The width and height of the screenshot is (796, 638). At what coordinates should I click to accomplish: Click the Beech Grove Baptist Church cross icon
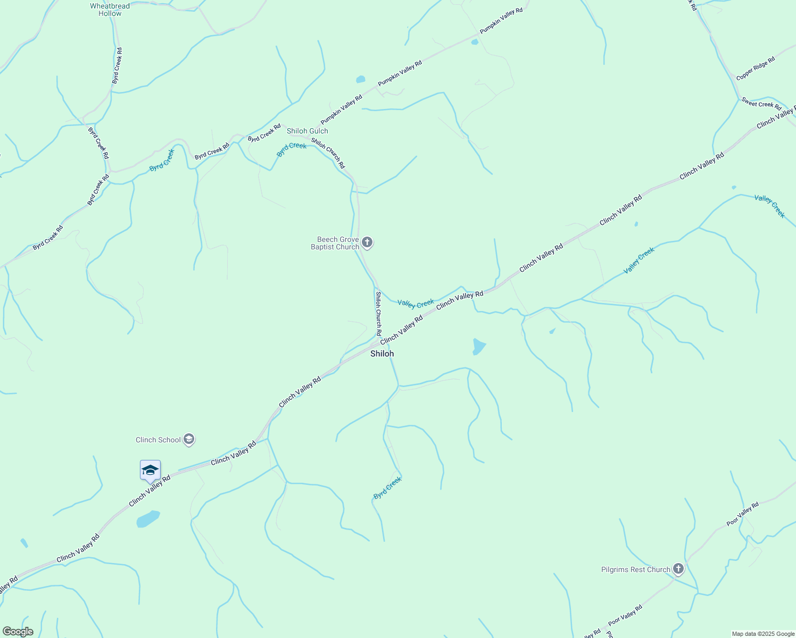[367, 243]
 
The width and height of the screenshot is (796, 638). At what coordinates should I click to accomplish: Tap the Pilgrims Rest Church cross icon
[678, 569]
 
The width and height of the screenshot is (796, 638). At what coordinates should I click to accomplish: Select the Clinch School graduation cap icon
[188, 440]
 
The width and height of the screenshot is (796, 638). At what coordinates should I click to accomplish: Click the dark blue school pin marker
[150, 471]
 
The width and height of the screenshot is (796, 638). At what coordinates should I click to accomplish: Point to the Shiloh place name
[382, 354]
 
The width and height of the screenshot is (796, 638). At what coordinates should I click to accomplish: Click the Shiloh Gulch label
[308, 131]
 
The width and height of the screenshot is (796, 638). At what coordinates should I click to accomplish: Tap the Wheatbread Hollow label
[110, 10]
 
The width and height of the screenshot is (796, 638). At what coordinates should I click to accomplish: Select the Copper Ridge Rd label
[756, 69]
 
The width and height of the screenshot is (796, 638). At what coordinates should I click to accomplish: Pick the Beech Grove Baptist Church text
[335, 243]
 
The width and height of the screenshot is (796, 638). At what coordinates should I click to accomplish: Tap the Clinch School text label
[158, 440]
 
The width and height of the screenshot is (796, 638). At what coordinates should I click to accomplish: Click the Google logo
[18, 632]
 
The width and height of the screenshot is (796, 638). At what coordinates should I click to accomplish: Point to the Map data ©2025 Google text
[763, 634]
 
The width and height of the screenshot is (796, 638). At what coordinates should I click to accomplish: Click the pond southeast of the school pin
[148, 518]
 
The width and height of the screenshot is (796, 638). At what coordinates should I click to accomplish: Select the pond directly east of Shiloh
[478, 347]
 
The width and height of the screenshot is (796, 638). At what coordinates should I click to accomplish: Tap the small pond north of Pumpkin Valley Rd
[361, 80]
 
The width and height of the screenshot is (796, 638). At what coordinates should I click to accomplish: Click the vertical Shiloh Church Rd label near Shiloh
[378, 313]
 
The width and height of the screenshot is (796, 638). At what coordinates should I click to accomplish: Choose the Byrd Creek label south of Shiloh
[387, 488]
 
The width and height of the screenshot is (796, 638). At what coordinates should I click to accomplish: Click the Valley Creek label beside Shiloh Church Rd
[416, 304]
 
